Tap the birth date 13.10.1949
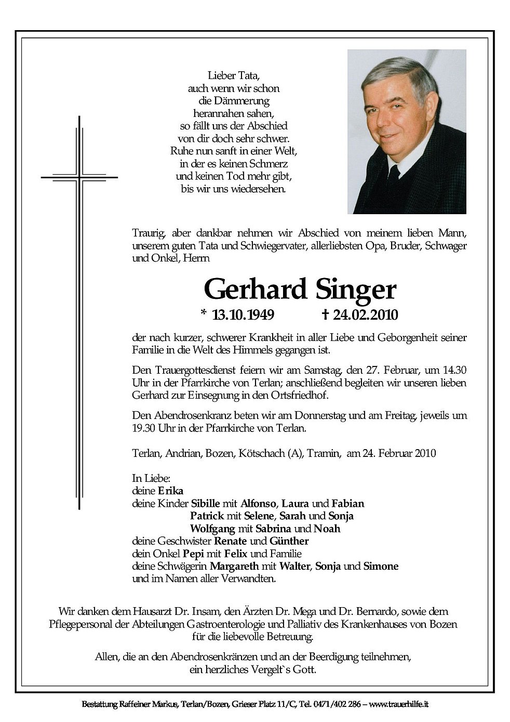244,314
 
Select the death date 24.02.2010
366,314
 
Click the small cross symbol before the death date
326,314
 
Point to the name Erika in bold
171,491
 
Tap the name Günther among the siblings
289,541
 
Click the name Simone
381,566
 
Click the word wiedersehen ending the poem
258,189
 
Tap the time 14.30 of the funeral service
454,371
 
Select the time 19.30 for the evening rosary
145,428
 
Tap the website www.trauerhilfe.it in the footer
399,705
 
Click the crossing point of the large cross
79,177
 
